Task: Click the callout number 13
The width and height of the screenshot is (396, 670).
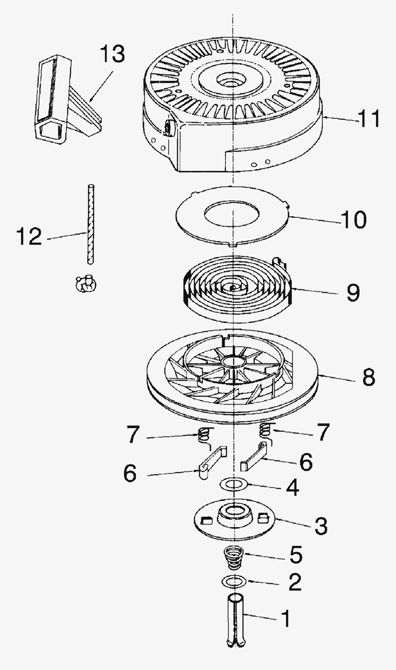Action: (112, 54)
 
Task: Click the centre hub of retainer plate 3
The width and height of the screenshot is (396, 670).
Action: (234, 514)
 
